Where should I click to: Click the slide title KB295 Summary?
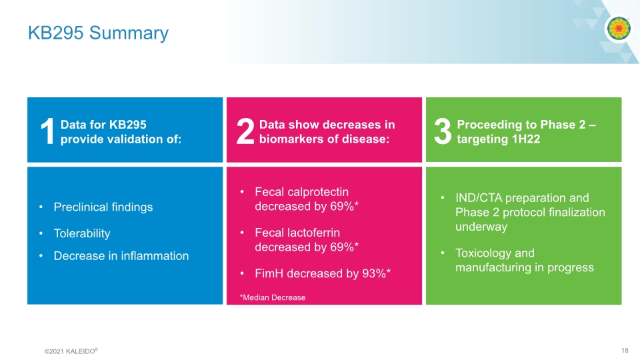pyautogui.click(x=98, y=33)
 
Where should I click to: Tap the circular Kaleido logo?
pyautogui.click(x=618, y=29)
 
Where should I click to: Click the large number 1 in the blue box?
pyautogui.click(x=46, y=132)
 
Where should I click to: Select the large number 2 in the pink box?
pyautogui.click(x=245, y=132)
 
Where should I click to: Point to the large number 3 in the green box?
pyautogui.click(x=443, y=132)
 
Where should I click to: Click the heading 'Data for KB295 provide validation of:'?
pyautogui.click(x=121, y=131)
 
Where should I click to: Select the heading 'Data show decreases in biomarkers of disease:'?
pyautogui.click(x=327, y=131)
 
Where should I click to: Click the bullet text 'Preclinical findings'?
pyautogui.click(x=103, y=207)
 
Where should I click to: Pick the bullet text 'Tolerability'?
pyautogui.click(x=82, y=233)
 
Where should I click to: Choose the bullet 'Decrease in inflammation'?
pyautogui.click(x=121, y=255)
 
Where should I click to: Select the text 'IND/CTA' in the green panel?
pyautogui.click(x=478, y=198)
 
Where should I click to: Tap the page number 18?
pyautogui.click(x=625, y=351)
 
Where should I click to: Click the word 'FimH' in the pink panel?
pyautogui.click(x=269, y=273)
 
